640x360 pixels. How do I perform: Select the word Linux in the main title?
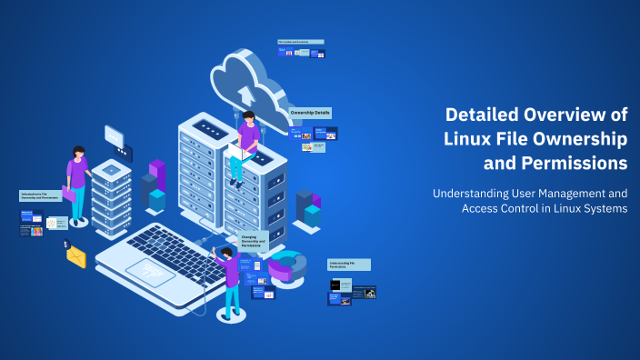(467, 139)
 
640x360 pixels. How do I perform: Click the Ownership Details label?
(310, 113)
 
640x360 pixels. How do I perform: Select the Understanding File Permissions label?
(349, 265)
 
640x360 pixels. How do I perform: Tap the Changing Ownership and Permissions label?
(254, 242)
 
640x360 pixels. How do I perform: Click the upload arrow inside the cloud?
(245, 95)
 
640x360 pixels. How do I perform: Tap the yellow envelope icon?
(76, 257)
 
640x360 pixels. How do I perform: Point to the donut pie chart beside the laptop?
(287, 265)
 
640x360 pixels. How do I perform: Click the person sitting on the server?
(245, 145)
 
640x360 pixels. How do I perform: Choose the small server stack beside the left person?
(111, 195)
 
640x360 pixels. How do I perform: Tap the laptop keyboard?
(173, 245)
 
